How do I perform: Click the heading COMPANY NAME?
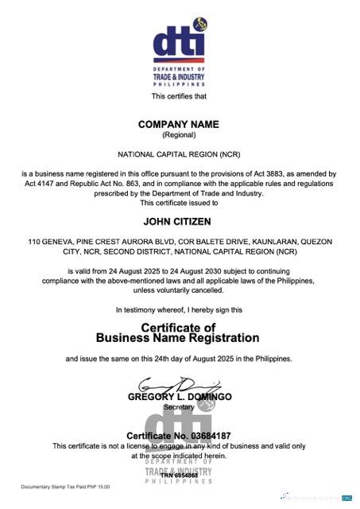tap(179, 125)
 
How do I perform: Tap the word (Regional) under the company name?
tap(179, 135)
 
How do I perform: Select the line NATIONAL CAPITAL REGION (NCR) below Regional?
tap(179, 153)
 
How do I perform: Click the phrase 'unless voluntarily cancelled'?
tap(179, 290)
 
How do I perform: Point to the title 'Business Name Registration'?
tap(179, 338)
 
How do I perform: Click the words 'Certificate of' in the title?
tap(179, 327)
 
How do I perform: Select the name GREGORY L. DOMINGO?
tap(179, 396)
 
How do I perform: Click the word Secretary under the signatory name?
tap(179, 406)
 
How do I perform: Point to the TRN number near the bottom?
tap(179, 475)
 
